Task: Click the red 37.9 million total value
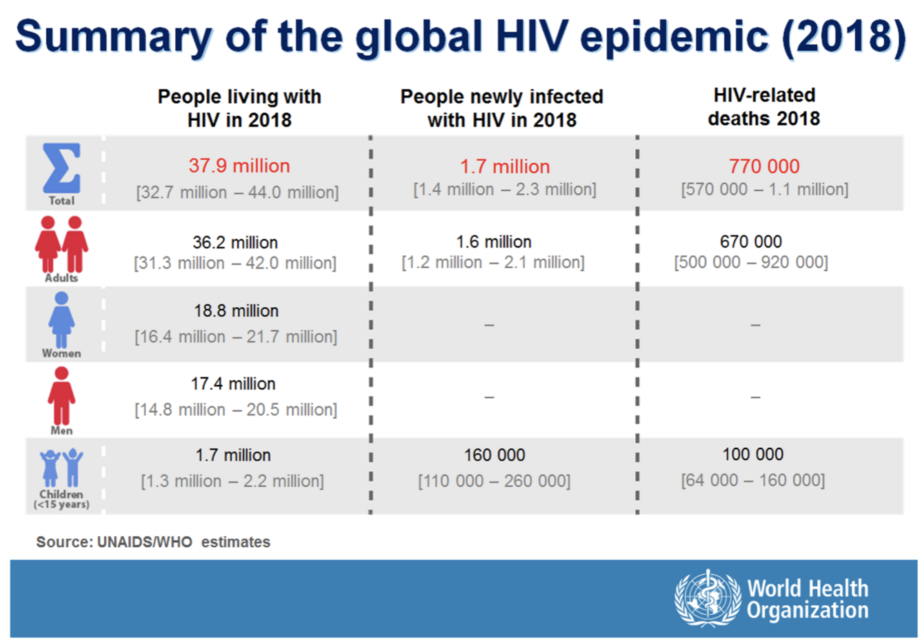click(239, 166)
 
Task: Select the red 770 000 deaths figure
click(764, 166)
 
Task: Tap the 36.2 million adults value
click(235, 242)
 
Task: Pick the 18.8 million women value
click(236, 311)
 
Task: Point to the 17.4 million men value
click(233, 384)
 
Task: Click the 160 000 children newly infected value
click(494, 455)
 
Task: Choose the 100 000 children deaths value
click(753, 454)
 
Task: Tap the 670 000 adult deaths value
click(751, 242)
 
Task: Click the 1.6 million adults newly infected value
click(494, 242)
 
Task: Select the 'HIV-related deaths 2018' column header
click(764, 107)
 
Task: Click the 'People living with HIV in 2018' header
click(239, 108)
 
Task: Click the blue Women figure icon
click(61, 319)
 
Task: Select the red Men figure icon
click(61, 395)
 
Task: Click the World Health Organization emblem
click(707, 598)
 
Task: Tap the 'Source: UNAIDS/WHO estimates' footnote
click(153, 542)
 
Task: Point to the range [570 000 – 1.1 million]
click(764, 189)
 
